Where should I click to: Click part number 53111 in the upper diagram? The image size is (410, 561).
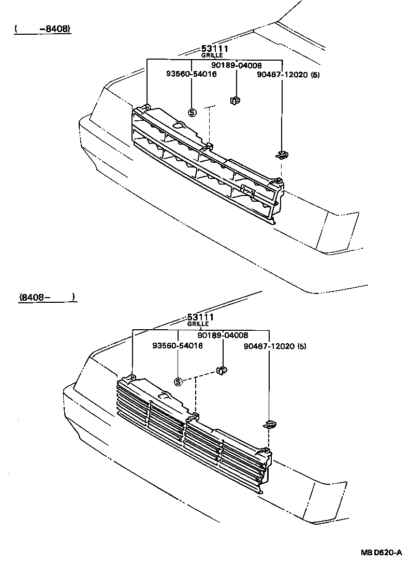pos(215,49)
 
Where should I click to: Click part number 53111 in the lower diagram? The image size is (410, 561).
pos(200,317)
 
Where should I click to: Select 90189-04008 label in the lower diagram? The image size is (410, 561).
pos(223,335)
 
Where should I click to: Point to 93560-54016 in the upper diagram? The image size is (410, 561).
pos(191,74)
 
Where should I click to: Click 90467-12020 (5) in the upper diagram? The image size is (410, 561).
pos(288,75)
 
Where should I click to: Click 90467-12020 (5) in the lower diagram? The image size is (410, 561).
pos(274,345)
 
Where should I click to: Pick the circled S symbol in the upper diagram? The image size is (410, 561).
pos(192,112)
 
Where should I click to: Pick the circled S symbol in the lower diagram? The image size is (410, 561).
pos(178,382)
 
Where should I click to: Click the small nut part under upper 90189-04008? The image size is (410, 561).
pos(235,100)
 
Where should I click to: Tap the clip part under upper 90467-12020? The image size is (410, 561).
pos(282,154)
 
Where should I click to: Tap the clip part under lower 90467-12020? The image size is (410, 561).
pos(269,425)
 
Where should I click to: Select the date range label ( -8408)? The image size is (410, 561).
pos(42,29)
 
